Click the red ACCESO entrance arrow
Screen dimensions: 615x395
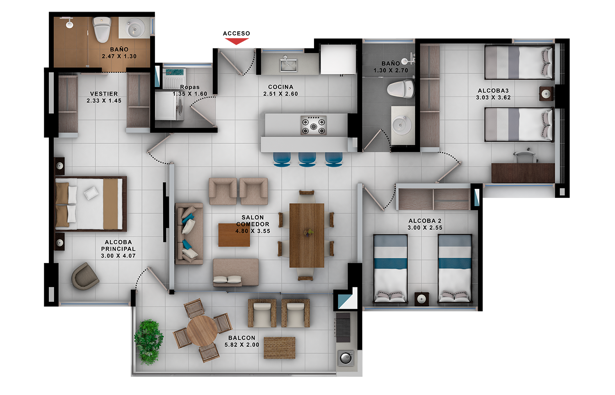coord(237,41)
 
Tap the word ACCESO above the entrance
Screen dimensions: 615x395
coord(237,34)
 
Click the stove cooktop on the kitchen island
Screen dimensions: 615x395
coord(314,125)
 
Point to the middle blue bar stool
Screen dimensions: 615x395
coord(307,160)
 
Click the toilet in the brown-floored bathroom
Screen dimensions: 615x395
coord(102,29)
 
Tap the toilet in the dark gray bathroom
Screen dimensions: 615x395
coord(401,89)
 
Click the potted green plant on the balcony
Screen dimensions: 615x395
coord(148,342)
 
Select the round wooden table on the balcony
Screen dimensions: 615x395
coord(203,331)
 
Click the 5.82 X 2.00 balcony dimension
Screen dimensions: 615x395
coord(242,344)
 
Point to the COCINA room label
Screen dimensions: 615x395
coord(280,87)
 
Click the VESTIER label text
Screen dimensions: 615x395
coord(104,94)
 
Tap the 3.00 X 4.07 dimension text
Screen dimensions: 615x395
coord(118,256)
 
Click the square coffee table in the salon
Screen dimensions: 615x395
coord(234,235)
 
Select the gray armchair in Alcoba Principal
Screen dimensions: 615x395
coord(85,276)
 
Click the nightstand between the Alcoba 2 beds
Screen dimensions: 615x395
coord(422,299)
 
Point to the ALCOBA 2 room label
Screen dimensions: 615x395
coord(425,221)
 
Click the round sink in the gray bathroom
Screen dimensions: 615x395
coord(401,125)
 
